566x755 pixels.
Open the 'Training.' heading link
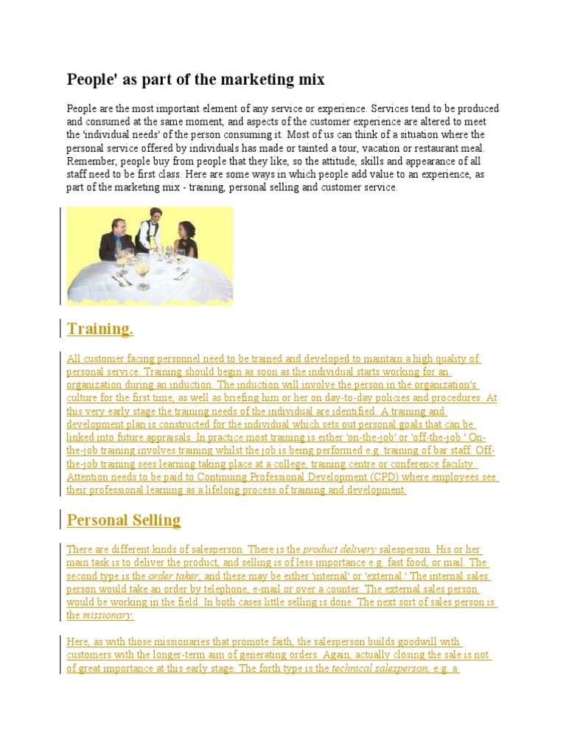coord(100,329)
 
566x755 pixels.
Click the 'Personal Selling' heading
coord(124,520)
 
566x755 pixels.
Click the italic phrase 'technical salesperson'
coord(380,669)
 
